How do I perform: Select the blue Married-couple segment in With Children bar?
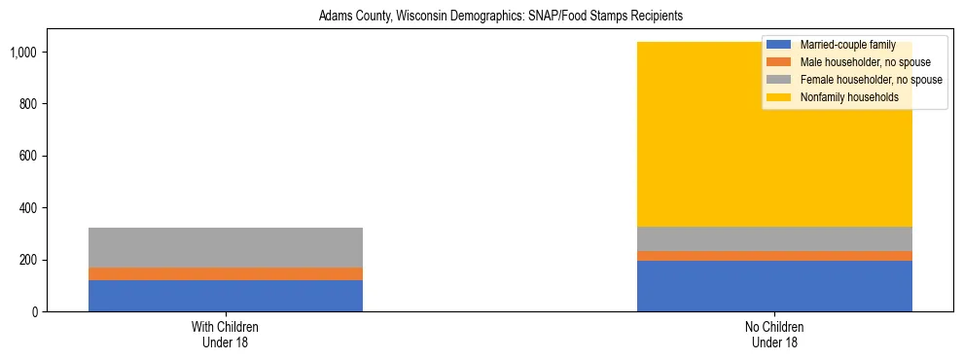(226, 296)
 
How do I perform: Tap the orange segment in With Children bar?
(226, 273)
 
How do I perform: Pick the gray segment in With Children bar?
(226, 247)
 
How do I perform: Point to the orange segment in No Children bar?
(774, 256)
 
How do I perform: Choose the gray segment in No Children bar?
(774, 239)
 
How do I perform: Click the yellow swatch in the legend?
(779, 97)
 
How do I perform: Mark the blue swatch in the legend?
(779, 45)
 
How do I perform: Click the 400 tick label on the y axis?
(29, 208)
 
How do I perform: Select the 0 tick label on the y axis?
(34, 312)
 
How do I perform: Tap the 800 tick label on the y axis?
(29, 104)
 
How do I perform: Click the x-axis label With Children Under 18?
(226, 335)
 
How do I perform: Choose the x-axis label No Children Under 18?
(774, 335)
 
